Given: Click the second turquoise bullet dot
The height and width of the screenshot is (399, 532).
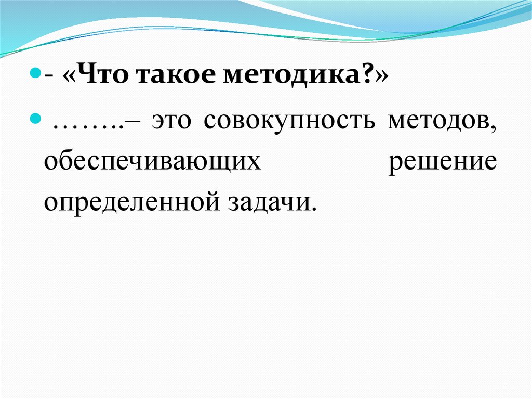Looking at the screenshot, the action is (x=35, y=119).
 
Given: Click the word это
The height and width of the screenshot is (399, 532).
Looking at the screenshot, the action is (x=171, y=122).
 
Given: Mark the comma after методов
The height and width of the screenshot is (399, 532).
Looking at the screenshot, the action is (x=493, y=130).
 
